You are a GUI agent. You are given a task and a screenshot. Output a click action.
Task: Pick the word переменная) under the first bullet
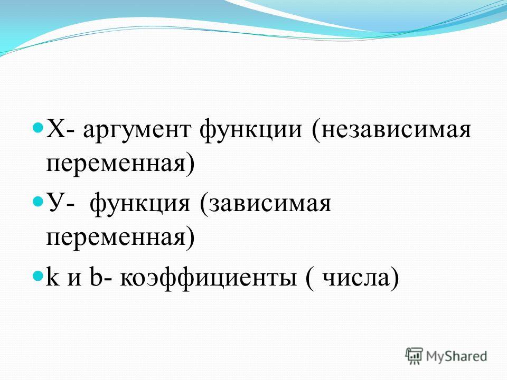point(121,164)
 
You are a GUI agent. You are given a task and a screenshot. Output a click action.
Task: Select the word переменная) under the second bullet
point(121,238)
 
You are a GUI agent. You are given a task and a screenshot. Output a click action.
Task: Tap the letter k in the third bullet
point(53,276)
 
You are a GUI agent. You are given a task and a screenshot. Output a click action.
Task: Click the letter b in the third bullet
point(95,276)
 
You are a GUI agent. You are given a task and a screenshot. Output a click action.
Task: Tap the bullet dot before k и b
point(38,275)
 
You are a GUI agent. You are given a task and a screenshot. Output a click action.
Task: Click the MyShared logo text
point(456,356)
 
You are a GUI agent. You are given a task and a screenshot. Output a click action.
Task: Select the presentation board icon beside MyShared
point(414,356)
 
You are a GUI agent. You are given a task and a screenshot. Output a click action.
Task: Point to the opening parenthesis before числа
point(309,278)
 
